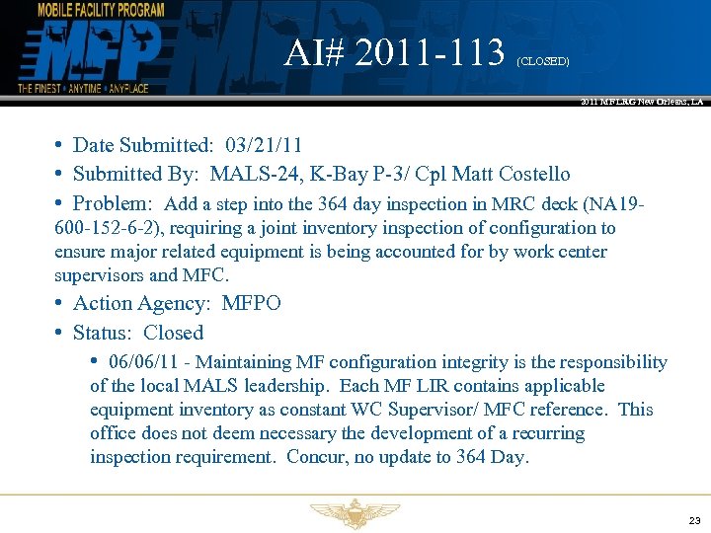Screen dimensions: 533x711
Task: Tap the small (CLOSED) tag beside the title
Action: pyautogui.click(x=542, y=61)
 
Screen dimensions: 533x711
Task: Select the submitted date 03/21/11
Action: pyautogui.click(x=263, y=146)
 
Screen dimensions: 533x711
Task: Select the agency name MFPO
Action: pyautogui.click(x=252, y=303)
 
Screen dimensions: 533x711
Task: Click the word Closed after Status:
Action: pyautogui.click(x=174, y=333)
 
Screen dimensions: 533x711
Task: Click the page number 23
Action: pyautogui.click(x=694, y=520)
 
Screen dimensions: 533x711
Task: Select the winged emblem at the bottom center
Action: pyautogui.click(x=355, y=513)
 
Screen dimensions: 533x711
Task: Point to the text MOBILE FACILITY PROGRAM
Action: pyautogui.click(x=100, y=10)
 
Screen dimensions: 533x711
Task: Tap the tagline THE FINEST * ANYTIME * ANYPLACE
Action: pyautogui.click(x=83, y=89)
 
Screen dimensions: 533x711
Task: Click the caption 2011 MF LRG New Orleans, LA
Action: pyautogui.click(x=643, y=102)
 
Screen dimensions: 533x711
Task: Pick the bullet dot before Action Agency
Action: pyautogui.click(x=60, y=302)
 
